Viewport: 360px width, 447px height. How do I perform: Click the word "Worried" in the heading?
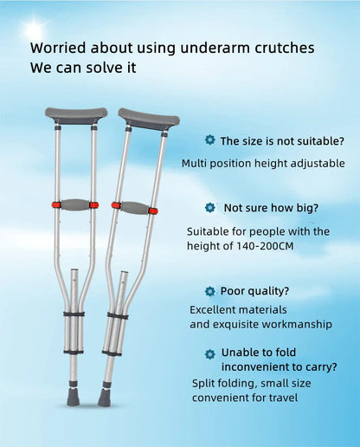click(58, 49)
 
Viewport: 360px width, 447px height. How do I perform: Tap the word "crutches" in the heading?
click(277, 49)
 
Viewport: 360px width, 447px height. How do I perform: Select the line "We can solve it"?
click(82, 68)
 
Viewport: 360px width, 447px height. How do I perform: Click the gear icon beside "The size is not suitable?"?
click(209, 139)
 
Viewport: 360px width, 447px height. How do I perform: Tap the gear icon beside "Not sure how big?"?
click(209, 208)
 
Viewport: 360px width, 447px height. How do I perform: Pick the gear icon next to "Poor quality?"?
click(209, 291)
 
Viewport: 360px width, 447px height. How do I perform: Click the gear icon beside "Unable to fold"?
click(209, 353)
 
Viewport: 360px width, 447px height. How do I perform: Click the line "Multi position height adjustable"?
click(263, 163)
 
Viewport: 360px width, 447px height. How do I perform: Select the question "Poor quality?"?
click(255, 291)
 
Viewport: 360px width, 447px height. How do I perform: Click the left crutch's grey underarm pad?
click(76, 115)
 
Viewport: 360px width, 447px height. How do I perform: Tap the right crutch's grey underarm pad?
click(149, 117)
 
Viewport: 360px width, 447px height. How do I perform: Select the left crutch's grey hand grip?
click(75, 205)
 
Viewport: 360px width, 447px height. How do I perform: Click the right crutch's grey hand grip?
click(134, 208)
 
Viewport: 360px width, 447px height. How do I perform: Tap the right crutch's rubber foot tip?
click(104, 399)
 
